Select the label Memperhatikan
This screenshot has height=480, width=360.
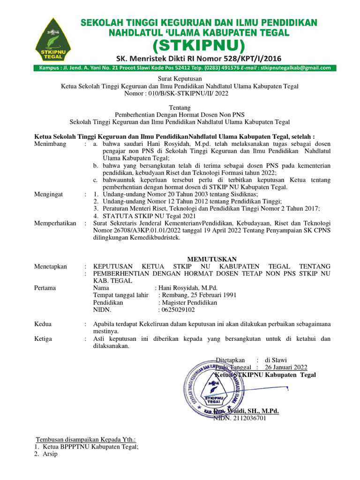point(55,223)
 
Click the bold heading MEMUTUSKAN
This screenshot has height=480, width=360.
point(212,259)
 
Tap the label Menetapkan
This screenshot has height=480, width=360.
point(51,266)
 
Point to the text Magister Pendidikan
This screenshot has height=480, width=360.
point(189,302)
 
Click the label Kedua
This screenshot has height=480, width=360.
point(43,324)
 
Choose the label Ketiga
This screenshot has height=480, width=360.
point(43,338)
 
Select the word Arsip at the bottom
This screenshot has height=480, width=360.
point(50,454)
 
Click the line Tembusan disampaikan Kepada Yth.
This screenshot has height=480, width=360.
point(86,439)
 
